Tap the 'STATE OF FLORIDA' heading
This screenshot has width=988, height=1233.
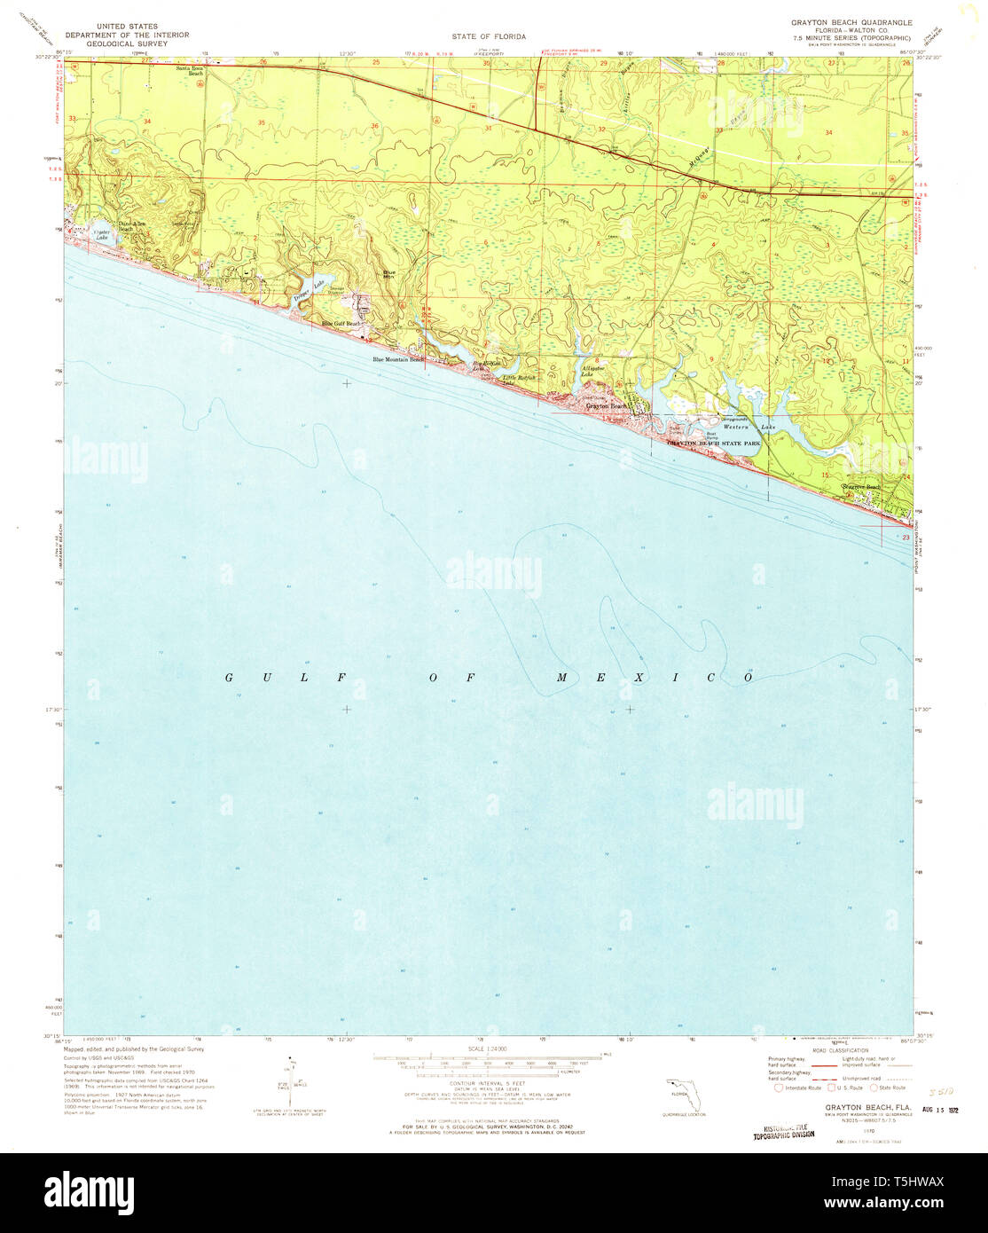[489, 36]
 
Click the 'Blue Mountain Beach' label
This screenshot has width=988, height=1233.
[399, 359]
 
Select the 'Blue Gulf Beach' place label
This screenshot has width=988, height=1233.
[341, 324]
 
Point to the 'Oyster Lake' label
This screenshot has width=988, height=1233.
[107, 237]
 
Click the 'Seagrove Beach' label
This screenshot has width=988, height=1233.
[861, 487]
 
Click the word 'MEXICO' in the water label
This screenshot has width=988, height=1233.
[655, 678]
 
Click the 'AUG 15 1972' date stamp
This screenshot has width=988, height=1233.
[941, 1110]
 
